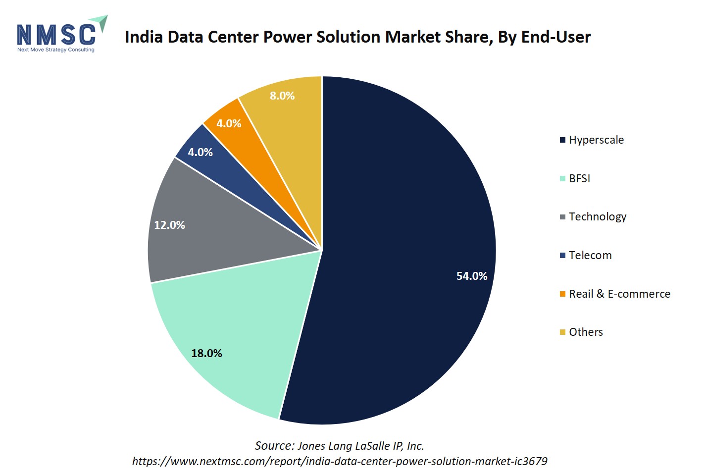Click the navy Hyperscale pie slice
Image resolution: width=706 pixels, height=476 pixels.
point(406,223)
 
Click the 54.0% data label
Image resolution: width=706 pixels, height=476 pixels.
point(471,276)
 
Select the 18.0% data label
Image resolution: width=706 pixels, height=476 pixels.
point(206,353)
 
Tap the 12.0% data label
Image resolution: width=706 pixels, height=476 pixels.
point(169,225)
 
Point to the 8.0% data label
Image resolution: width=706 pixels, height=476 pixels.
point(282,96)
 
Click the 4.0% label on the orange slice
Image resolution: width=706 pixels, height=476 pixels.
point(229,123)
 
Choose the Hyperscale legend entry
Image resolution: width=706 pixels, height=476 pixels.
point(596,140)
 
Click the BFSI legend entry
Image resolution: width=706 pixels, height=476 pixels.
point(579,178)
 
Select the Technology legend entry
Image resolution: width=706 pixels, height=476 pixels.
point(597,216)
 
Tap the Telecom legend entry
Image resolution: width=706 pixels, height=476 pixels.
point(590,255)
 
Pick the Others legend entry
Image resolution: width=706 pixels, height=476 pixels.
point(586,332)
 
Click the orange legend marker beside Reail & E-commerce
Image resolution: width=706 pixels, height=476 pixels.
point(562,294)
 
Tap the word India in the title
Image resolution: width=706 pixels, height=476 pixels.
point(144,37)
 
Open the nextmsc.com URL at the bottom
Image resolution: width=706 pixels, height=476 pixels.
point(340,461)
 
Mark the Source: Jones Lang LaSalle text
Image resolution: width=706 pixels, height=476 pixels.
point(340,446)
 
